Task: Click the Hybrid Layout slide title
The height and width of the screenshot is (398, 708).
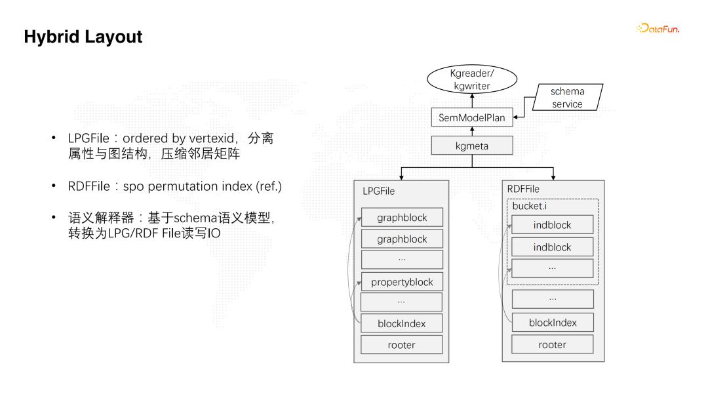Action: pyautogui.click(x=83, y=37)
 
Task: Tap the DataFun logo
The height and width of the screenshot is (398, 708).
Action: pyautogui.click(x=658, y=28)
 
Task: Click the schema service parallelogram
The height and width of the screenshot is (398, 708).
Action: pyautogui.click(x=567, y=98)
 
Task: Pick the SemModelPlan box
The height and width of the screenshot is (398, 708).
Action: pyautogui.click(x=471, y=118)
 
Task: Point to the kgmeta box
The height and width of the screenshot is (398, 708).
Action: pyautogui.click(x=471, y=146)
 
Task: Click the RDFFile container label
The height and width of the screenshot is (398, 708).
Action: pyautogui.click(x=523, y=189)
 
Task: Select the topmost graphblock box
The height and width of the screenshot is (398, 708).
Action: pyautogui.click(x=402, y=217)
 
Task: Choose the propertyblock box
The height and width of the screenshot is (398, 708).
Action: pyautogui.click(x=402, y=282)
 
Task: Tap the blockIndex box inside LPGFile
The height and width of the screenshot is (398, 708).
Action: pyautogui.click(x=402, y=323)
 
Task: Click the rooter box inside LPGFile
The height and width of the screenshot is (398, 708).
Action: pyautogui.click(x=402, y=345)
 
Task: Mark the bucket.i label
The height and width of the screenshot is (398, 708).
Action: pyautogui.click(x=529, y=206)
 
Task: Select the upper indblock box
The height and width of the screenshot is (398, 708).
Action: pyautogui.click(x=552, y=225)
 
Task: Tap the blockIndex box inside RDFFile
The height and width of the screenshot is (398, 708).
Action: pyautogui.click(x=553, y=323)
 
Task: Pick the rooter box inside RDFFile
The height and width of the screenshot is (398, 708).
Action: pyautogui.click(x=553, y=345)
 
